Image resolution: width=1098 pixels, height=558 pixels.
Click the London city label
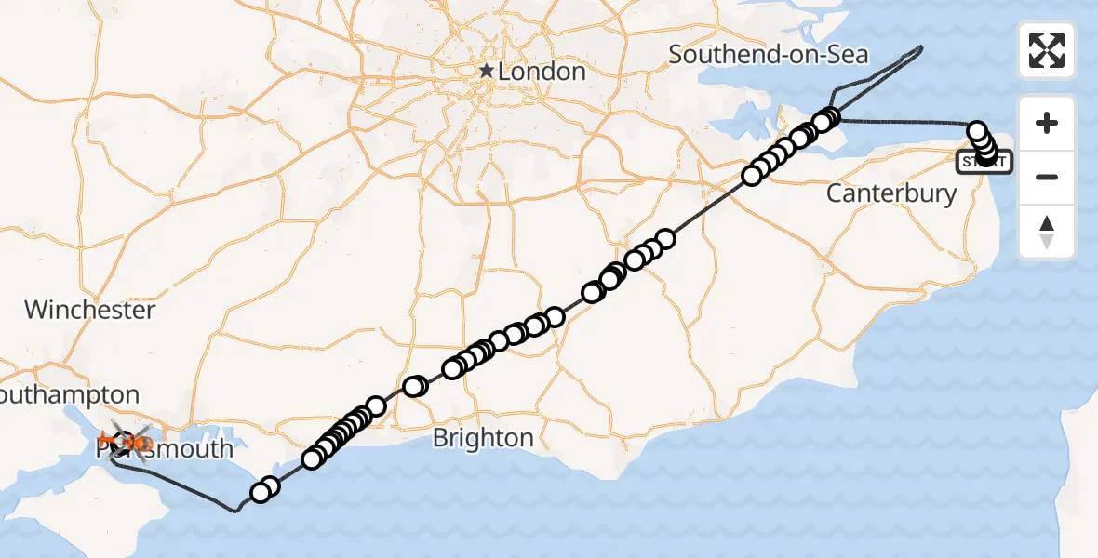tap(542, 72)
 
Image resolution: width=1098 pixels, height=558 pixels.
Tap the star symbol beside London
tap(485, 71)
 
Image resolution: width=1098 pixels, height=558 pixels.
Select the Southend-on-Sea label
tap(768, 54)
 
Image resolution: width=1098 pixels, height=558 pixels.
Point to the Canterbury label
tap(891, 193)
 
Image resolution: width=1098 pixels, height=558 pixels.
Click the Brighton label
tap(483, 438)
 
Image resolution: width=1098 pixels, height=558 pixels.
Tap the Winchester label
tap(89, 310)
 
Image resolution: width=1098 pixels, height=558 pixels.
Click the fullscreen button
tap(1047, 50)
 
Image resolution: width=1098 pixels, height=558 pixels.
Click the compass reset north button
tap(1047, 232)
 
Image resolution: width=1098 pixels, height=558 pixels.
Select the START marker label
tap(984, 163)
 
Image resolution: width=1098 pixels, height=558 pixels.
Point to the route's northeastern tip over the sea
tap(921, 46)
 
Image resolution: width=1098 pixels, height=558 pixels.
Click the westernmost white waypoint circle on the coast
tap(260, 494)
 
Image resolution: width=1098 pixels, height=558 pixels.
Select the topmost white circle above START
tap(977, 131)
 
